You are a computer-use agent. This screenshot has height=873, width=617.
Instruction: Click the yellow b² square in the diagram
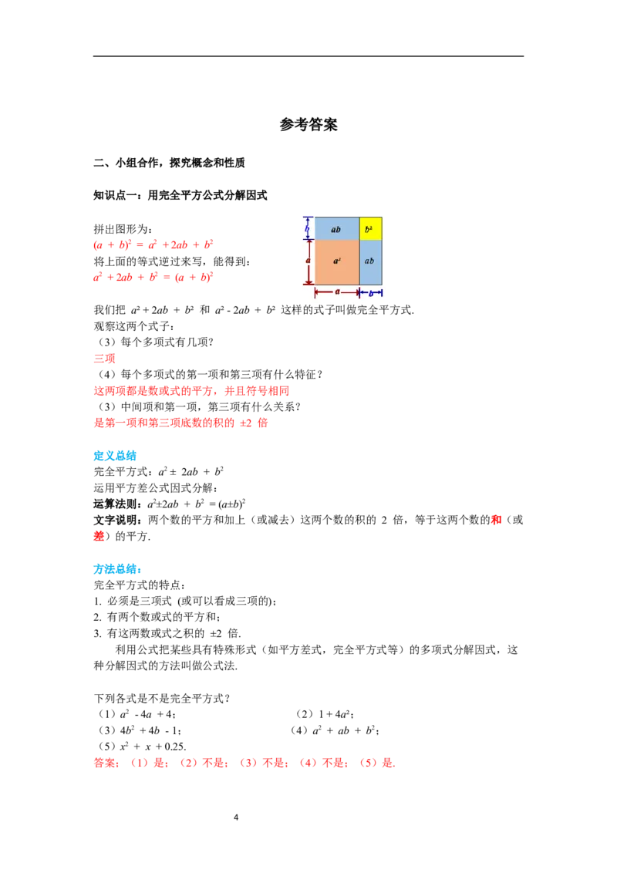[370, 228]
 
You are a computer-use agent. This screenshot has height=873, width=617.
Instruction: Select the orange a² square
[337, 262]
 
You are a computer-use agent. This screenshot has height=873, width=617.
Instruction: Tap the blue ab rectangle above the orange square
[337, 228]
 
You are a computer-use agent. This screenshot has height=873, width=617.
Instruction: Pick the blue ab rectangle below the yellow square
[370, 262]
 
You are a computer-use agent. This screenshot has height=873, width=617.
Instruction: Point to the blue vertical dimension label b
[307, 228]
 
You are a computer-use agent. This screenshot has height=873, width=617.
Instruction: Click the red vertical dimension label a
[307, 261]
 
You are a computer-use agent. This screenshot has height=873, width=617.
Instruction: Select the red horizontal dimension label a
[337, 292]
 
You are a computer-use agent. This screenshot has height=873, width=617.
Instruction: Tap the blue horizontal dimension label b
[370, 293]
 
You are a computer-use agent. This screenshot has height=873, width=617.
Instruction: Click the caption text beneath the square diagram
[346, 306]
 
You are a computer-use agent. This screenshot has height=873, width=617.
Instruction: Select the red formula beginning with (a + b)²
[153, 246]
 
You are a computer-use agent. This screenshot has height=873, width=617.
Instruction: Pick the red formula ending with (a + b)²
[153, 278]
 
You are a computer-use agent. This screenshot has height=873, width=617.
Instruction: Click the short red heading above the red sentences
[104, 358]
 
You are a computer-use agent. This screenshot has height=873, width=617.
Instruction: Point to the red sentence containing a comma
[190, 392]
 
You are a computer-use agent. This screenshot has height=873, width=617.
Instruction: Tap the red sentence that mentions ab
[180, 423]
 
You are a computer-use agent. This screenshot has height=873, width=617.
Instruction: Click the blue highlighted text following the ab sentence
[116, 456]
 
